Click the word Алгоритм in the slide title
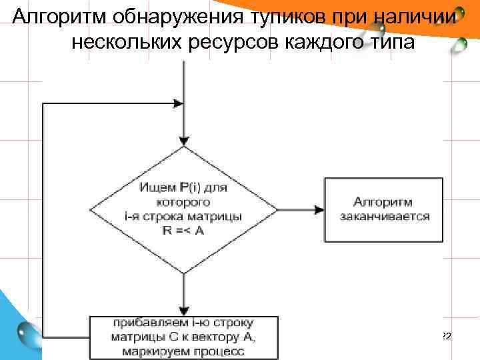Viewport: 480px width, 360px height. pos(53,16)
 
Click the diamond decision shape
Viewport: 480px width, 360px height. pos(183,209)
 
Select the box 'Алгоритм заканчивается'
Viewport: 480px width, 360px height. pos(383,209)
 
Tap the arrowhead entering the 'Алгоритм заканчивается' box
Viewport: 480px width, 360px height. pos(318,209)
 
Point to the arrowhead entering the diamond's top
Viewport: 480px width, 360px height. pos(183,141)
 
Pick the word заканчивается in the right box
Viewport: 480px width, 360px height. pos(384,216)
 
